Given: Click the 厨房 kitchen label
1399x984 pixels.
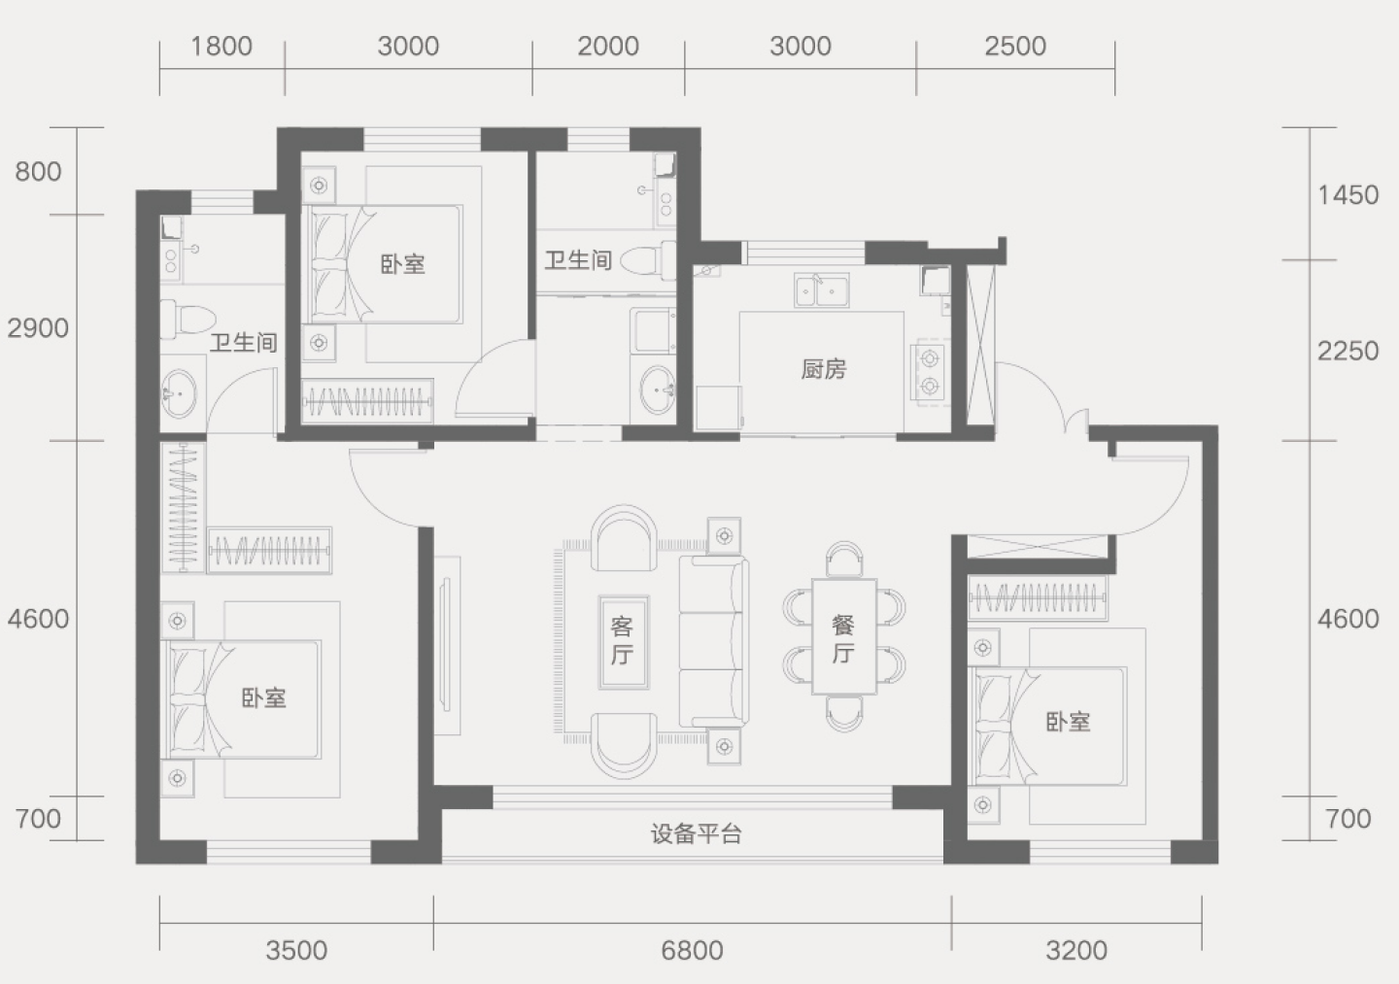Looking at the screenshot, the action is coord(824,370).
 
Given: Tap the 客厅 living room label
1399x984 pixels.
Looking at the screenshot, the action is coord(622,640).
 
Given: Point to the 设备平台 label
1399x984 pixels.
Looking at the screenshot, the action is coord(696,834).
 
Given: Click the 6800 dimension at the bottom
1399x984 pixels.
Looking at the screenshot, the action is coord(692,951).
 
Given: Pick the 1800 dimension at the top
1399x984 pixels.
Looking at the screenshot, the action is coord(222,47).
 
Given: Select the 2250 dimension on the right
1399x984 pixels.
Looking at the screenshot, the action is coord(1348,352).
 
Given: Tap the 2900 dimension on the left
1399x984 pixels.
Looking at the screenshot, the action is coord(38,328).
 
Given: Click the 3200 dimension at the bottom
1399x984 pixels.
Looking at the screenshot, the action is coord(1076,951).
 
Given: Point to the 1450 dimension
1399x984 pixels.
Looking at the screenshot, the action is coord(1348,195).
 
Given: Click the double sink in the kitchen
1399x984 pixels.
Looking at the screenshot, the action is coord(821,290).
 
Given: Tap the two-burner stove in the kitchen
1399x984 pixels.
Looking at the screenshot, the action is coord(930,373).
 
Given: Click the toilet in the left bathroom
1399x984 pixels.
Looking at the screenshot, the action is coord(188,319).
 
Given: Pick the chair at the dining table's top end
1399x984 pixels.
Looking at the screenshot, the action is coord(843,559).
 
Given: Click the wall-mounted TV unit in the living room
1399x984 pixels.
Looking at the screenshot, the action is coord(447,644).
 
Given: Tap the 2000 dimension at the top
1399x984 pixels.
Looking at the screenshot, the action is coord(608,47).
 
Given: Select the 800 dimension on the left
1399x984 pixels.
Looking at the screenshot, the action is coord(38,172).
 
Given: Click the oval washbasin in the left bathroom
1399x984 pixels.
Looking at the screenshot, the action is coord(179,394).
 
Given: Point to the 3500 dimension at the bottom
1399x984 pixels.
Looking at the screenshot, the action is coord(296,951).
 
